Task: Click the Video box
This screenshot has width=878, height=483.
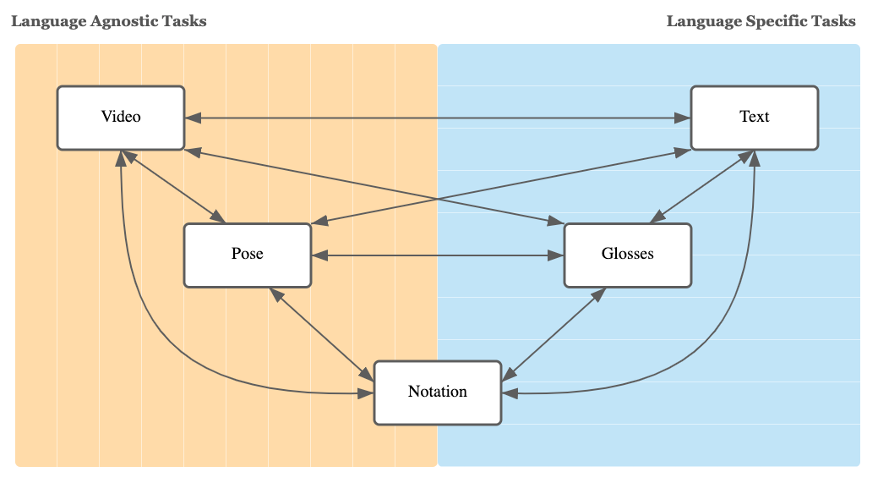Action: [x=121, y=118]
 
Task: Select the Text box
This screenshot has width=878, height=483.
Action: [x=754, y=118]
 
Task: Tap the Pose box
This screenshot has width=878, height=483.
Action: [x=248, y=255]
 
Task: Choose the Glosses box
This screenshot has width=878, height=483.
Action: [x=627, y=255]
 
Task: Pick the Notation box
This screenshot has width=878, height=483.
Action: [x=437, y=392]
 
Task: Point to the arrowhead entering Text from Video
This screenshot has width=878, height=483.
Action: [x=683, y=118]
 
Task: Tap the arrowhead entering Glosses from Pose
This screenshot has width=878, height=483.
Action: [x=556, y=255]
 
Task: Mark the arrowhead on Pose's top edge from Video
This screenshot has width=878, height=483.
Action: [x=219, y=217]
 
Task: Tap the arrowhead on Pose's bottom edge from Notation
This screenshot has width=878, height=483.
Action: [x=275, y=293]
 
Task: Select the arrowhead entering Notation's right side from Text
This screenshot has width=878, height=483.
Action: [x=510, y=393]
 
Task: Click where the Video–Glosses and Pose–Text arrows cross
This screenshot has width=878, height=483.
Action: [x=439, y=200]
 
